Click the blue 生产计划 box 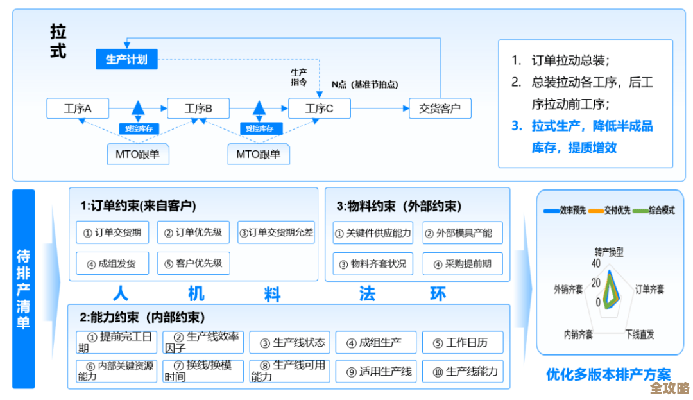(126, 59)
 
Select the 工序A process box (78, 109)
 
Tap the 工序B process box (198, 109)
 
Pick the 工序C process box (320, 109)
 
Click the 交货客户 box (440, 109)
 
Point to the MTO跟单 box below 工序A (137, 154)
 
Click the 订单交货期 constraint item (113, 232)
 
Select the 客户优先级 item (193, 263)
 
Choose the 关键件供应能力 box (373, 232)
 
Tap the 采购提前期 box (462, 264)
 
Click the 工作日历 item (462, 342)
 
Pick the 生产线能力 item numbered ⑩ (462, 371)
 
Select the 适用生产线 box (376, 371)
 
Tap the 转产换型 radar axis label (608, 252)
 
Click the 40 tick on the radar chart (595, 263)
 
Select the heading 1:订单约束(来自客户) (138, 206)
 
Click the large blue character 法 (367, 294)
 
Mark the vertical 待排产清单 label (24, 289)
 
